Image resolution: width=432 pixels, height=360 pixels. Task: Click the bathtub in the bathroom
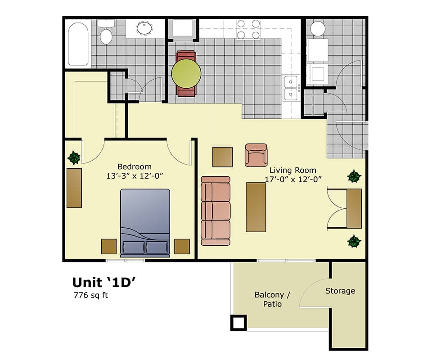pyautogui.click(x=78, y=44)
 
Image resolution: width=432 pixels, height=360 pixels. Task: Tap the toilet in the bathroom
pyautogui.click(x=106, y=34)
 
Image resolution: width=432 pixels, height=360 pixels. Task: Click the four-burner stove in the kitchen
pyautogui.click(x=248, y=29)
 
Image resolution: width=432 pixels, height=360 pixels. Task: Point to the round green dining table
pyautogui.click(x=186, y=73)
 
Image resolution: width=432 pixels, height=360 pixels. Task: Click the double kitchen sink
pyautogui.click(x=291, y=88)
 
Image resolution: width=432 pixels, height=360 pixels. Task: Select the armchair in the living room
pyautogui.click(x=256, y=155)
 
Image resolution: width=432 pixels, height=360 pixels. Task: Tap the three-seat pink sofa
pyautogui.click(x=216, y=211)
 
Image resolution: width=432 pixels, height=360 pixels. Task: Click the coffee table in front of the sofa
pyautogui.click(x=256, y=207)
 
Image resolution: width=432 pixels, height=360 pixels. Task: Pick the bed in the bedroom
pyautogui.click(x=145, y=223)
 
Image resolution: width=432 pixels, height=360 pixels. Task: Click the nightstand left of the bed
pyautogui.click(x=109, y=246)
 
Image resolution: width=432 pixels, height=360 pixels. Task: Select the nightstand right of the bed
pyautogui.click(x=182, y=246)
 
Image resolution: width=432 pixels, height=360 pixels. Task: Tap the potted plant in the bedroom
pyautogui.click(x=73, y=157)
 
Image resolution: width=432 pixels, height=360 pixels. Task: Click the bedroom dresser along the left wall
pyautogui.click(x=74, y=188)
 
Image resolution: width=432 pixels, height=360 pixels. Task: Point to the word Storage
pyautogui.click(x=340, y=291)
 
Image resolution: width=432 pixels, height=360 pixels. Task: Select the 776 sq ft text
pyautogui.click(x=90, y=296)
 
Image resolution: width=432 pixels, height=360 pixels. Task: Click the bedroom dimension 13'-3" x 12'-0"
pyautogui.click(x=134, y=176)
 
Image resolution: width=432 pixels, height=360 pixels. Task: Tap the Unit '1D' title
pyautogui.click(x=104, y=282)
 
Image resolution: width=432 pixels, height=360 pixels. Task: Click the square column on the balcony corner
pyautogui.click(x=238, y=323)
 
